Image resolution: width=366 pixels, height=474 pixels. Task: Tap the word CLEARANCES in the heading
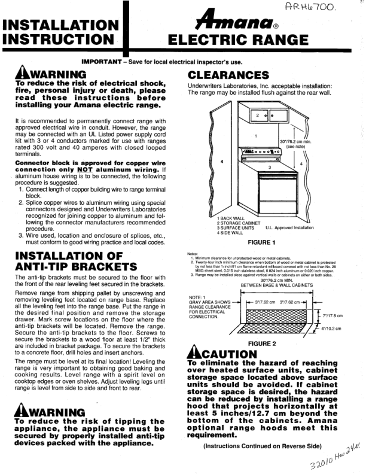point(228,75)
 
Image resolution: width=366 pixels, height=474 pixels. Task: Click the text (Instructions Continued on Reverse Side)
point(263,446)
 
